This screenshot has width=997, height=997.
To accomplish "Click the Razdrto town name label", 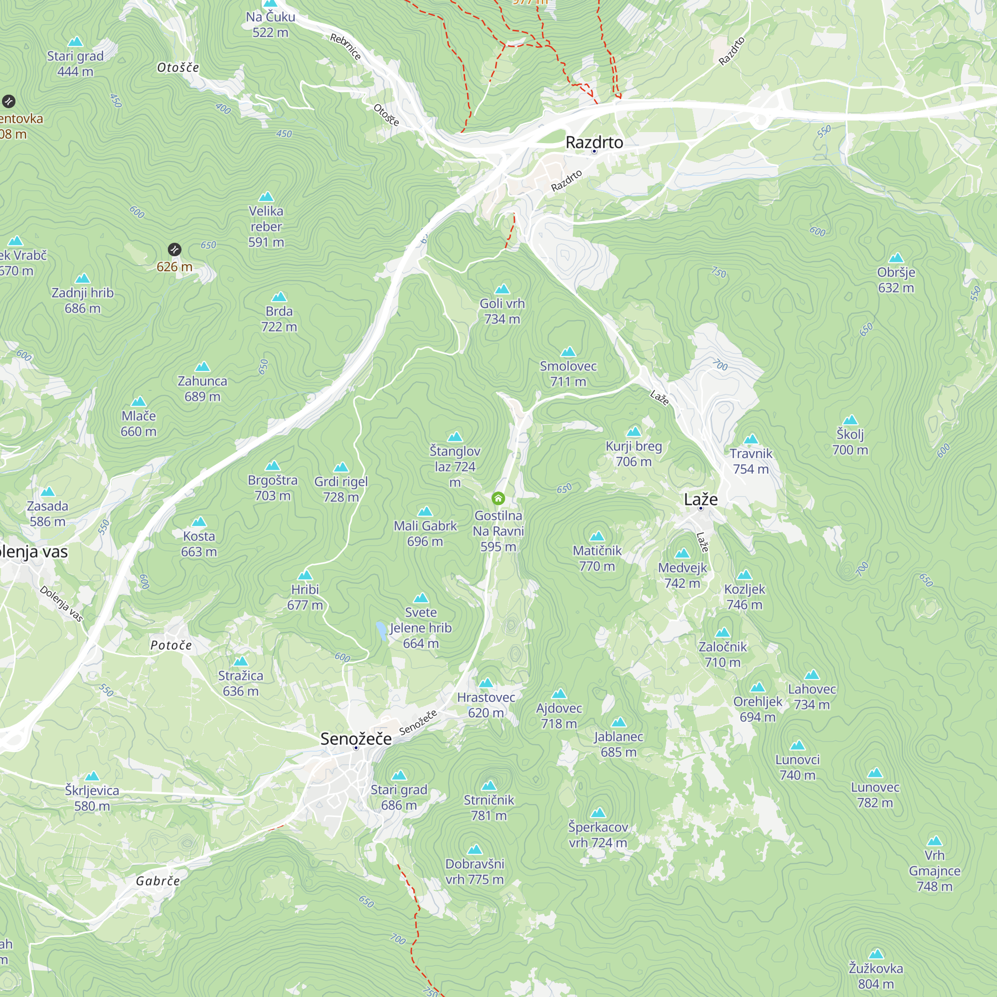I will click(x=594, y=142).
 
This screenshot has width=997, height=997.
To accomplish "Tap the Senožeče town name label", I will click(x=356, y=738).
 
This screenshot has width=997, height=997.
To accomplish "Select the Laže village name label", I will click(x=700, y=499).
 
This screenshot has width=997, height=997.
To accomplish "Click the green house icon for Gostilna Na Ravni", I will click(x=498, y=498).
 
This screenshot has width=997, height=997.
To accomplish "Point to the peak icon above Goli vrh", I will click(x=502, y=289).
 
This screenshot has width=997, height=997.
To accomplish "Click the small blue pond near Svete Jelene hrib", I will click(x=381, y=631).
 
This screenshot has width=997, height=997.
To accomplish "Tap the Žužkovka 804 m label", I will click(x=876, y=976).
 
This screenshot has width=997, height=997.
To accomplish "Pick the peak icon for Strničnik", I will click(x=489, y=786).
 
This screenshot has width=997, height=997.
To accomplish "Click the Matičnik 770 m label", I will click(x=597, y=558).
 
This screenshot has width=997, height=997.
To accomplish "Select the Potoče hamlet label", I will click(x=171, y=645).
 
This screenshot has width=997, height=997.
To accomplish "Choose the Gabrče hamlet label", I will click(x=158, y=881).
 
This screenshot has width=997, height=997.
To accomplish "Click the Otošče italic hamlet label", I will click(x=178, y=68).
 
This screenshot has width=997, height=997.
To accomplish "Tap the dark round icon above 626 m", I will click(x=174, y=250).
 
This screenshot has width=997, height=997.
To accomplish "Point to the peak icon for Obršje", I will click(x=896, y=258).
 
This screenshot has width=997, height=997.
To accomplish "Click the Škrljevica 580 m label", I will click(x=92, y=798).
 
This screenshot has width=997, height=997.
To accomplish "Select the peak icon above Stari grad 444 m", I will click(x=75, y=41).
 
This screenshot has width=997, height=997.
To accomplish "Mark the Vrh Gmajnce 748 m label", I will click(x=935, y=870).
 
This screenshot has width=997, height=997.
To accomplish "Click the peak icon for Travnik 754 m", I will click(x=751, y=439).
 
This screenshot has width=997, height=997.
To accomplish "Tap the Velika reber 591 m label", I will click(x=266, y=226).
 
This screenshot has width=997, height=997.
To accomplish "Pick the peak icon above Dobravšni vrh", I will click(x=474, y=849).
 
